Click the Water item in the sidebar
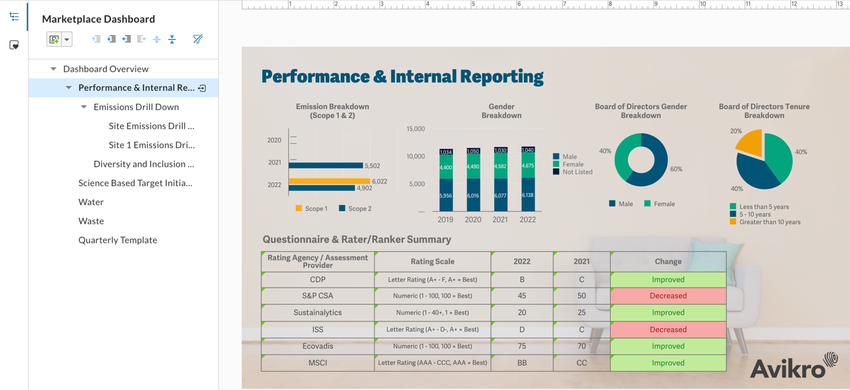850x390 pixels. pyautogui.click(x=91, y=202)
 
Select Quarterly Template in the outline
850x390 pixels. pyautogui.click(x=118, y=240)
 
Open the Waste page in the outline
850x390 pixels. pyautogui.click(x=91, y=221)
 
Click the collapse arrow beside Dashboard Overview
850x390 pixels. pyautogui.click(x=54, y=69)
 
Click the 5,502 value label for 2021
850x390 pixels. pyautogui.click(x=372, y=166)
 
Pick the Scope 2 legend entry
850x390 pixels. pyautogui.click(x=355, y=208)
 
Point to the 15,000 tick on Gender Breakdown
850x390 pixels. pyautogui.click(x=416, y=129)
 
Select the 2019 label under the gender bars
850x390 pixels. pyautogui.click(x=445, y=220)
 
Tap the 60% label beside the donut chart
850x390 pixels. pyautogui.click(x=676, y=169)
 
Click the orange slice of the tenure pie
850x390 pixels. pyautogui.click(x=751, y=143)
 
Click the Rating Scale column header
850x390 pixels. pyautogui.click(x=432, y=262)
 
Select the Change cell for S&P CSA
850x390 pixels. pyautogui.click(x=668, y=296)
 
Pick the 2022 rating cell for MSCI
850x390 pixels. pyautogui.click(x=522, y=363)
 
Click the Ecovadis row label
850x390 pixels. pyautogui.click(x=317, y=346)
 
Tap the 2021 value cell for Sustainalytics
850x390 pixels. pyautogui.click(x=582, y=313)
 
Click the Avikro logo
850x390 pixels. pyautogui.click(x=793, y=366)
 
